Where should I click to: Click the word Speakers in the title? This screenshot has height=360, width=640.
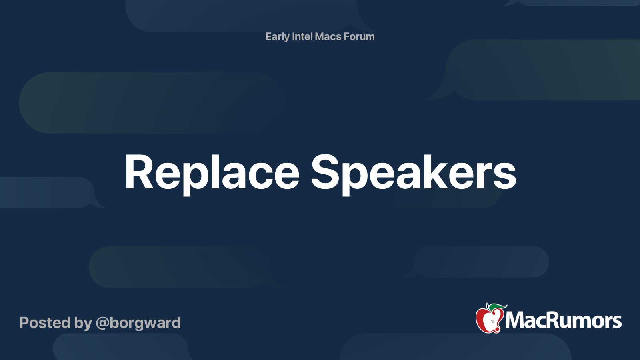[x=413, y=173]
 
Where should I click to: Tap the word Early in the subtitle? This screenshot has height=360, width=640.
[x=277, y=36]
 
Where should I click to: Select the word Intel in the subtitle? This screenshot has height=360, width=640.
[x=302, y=36]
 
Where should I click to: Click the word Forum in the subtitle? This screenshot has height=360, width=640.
[x=359, y=36]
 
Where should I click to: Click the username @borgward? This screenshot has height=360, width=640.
[x=138, y=323]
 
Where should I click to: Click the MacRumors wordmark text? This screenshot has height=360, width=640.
[x=563, y=320]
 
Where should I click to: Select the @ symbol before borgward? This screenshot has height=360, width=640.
[x=102, y=323]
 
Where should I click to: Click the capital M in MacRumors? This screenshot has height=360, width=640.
[x=514, y=320]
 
